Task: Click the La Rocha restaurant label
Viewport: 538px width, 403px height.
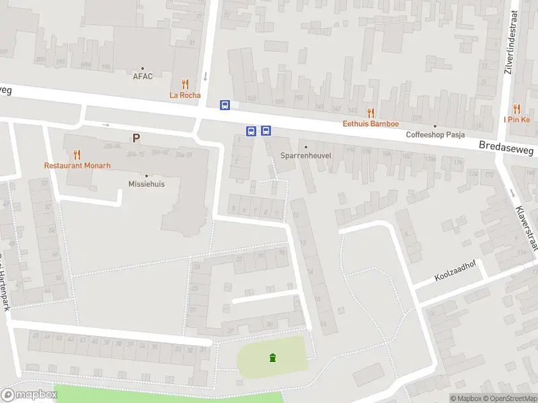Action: click(184, 95)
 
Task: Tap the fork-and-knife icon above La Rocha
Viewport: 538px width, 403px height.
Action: click(184, 84)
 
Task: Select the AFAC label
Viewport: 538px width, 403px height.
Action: click(143, 76)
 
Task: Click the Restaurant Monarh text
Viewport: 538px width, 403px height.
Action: click(77, 165)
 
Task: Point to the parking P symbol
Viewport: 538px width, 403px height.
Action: click(136, 138)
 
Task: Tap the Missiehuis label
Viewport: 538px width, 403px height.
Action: click(147, 184)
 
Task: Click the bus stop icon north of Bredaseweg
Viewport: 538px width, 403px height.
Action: click(225, 105)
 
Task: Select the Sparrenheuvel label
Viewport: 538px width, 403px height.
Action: click(306, 156)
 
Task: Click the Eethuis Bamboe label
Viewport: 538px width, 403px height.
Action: click(371, 124)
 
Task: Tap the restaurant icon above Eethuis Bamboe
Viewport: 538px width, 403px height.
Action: click(371, 112)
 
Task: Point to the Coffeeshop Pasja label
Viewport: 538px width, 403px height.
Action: click(435, 134)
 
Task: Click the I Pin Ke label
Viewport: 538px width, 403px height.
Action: click(516, 120)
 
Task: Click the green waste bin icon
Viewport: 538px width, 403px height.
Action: click(272, 358)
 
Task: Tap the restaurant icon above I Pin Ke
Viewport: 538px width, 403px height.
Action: click(516, 108)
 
